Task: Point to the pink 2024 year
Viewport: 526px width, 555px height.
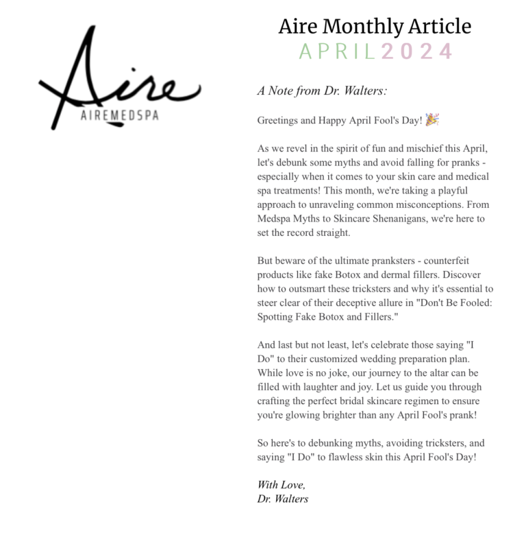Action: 417,51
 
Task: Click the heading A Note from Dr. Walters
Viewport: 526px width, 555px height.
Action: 323,91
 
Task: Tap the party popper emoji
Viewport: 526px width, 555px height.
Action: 432,119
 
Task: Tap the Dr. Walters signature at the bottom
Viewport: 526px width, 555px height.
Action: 283,499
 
